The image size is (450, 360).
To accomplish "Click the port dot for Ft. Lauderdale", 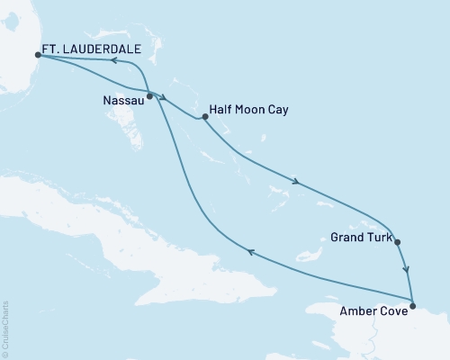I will pyautogui.click(x=38, y=55).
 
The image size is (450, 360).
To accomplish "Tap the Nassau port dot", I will pyautogui.click(x=149, y=95).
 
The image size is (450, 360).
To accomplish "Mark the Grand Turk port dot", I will pyautogui.click(x=397, y=241).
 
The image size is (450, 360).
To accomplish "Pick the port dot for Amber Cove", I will pyautogui.click(x=412, y=307).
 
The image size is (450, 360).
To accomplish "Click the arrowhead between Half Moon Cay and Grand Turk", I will pyautogui.click(x=295, y=184).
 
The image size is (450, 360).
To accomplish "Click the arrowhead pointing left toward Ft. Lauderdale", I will pyautogui.click(x=114, y=61).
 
